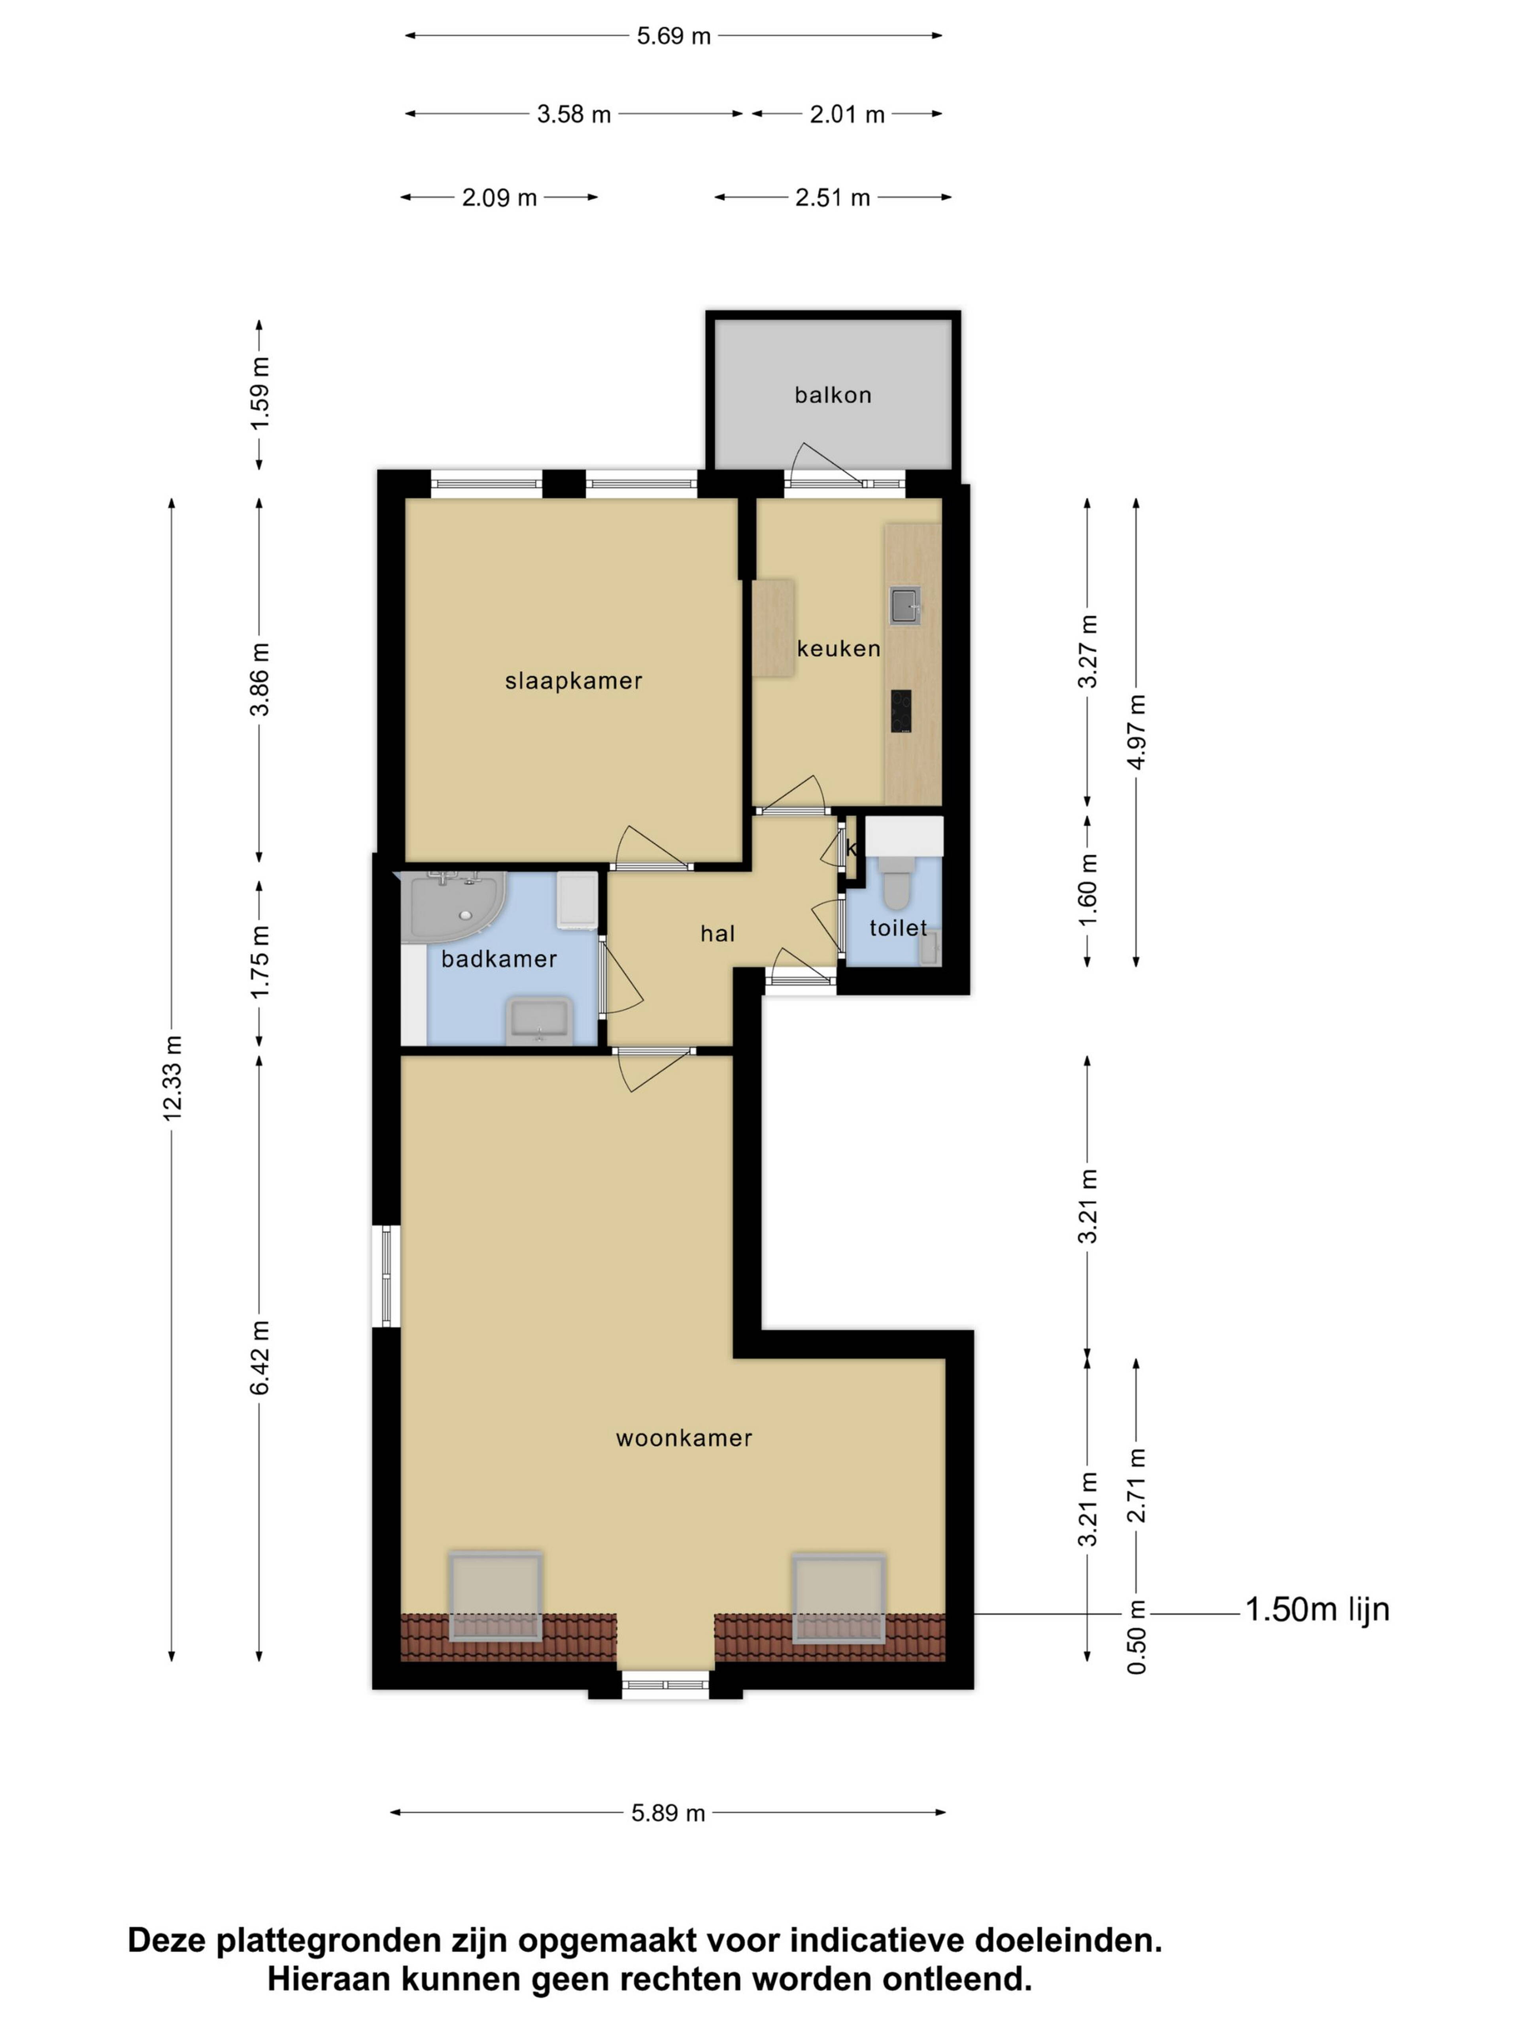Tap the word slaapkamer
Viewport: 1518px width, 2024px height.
click(x=574, y=681)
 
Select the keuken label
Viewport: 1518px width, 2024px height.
click(x=838, y=649)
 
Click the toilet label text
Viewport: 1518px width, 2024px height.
click(x=898, y=928)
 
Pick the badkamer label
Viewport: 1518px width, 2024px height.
click(x=498, y=959)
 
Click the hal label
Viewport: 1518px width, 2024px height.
click(x=717, y=933)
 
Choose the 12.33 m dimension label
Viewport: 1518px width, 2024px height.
click(x=172, y=1078)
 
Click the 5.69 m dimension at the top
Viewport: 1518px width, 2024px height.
click(x=674, y=37)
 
